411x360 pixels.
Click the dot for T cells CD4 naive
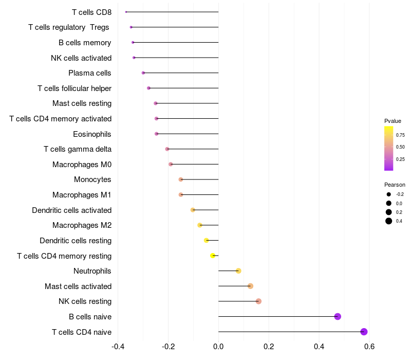364,332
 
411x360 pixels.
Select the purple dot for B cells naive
338,316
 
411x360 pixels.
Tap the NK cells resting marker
258,301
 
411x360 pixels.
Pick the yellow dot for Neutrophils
238,271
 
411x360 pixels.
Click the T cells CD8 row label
91,12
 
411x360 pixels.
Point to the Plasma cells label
90,73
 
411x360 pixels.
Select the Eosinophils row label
92,134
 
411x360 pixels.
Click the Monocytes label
92,179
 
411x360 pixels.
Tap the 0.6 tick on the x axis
369,346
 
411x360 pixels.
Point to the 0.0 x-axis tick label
218,346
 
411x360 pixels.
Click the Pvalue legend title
393,121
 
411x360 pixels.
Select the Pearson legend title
395,185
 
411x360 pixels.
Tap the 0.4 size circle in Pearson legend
389,221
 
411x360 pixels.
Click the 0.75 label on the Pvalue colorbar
400,135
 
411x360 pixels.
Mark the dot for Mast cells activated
250,286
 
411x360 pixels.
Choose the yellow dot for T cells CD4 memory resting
213,256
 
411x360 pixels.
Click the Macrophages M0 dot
171,165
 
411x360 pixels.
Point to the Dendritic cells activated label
72,210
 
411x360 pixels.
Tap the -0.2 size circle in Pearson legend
389,194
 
